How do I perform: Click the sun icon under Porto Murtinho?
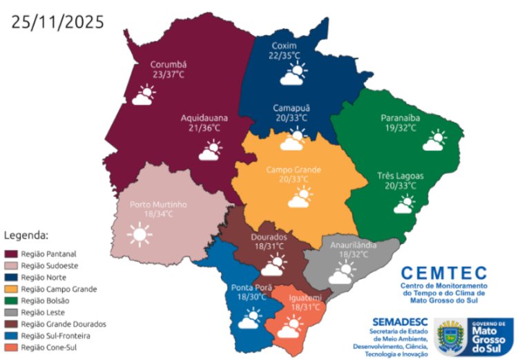pyautogui.click(x=140, y=236)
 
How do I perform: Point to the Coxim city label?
pyautogui.click(x=284, y=45)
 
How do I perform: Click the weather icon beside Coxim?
pyautogui.click(x=296, y=73)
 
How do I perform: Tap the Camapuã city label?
pyautogui.click(x=290, y=108)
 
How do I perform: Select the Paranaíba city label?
pyautogui.click(x=401, y=117)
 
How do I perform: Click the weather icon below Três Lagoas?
pyautogui.click(x=405, y=205)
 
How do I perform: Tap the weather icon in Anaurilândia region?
pyautogui.click(x=341, y=274)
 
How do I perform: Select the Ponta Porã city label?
pyautogui.click(x=251, y=287)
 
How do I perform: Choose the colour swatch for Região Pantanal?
pyautogui.click(x=12, y=254)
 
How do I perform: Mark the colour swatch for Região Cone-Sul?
pyautogui.click(x=12, y=347)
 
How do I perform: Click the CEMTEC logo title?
pyautogui.click(x=444, y=274)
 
